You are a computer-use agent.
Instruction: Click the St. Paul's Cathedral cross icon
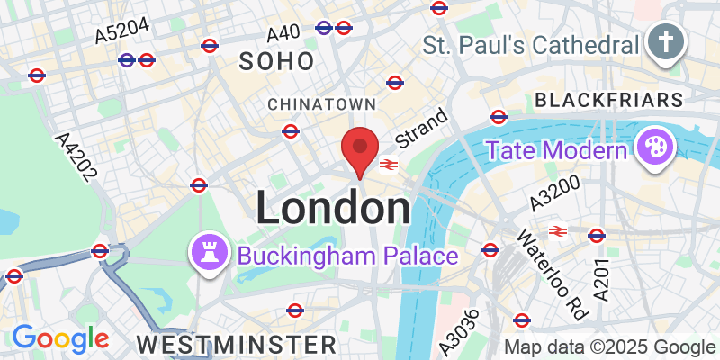click(666, 43)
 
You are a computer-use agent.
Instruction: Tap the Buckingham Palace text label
click(347, 256)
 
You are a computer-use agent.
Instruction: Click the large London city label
click(333, 208)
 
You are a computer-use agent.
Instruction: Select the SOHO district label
click(277, 61)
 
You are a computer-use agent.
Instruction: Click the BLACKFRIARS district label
click(608, 97)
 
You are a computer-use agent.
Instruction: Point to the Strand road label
click(421, 128)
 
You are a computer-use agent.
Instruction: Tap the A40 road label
click(283, 33)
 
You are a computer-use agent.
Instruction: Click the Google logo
click(59, 338)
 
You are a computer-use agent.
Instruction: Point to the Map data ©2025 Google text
click(609, 347)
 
